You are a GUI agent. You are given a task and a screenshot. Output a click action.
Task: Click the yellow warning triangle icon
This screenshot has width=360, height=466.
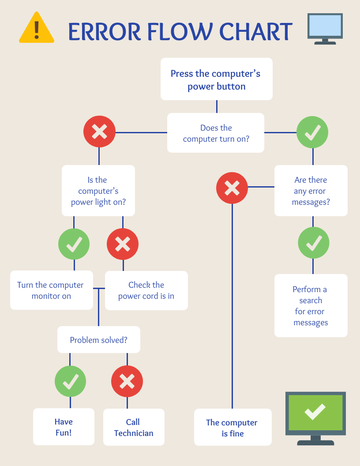pos(37,29)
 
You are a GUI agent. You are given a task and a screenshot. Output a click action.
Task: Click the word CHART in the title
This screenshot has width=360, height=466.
pos(256,31)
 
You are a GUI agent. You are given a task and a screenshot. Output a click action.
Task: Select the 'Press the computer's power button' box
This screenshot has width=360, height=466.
pos(216,79)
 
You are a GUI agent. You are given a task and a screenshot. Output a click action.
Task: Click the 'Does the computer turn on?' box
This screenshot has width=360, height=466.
pos(216,133)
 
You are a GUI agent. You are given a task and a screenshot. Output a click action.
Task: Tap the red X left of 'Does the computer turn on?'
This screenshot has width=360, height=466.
pos(99,132)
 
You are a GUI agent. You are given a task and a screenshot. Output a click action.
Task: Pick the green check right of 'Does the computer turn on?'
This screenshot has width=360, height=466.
pos(312,132)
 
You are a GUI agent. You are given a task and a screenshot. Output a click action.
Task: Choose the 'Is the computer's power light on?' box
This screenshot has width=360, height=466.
pos(98,191)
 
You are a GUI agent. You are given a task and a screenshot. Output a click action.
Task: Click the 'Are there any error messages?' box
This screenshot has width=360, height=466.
pos(311,191)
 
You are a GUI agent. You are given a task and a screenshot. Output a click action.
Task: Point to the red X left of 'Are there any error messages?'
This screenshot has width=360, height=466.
pos(232,188)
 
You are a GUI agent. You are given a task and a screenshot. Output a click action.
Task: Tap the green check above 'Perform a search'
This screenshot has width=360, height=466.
pos(313,243)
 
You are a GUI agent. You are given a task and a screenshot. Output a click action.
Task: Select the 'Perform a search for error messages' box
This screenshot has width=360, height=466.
pos(311,306)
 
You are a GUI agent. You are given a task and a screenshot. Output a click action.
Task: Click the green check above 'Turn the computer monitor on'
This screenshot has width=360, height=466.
pos(74,244)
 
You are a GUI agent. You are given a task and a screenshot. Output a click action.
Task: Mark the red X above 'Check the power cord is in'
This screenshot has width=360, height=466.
pos(123,244)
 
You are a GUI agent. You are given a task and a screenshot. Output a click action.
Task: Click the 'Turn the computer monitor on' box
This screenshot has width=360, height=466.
pos(51,290)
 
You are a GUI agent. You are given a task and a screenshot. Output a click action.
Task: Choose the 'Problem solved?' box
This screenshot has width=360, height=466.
pos(98,340)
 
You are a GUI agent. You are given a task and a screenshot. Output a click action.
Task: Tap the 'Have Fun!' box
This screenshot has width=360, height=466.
pos(64,427)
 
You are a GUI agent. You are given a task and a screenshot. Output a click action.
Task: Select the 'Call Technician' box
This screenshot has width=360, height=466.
pos(133,427)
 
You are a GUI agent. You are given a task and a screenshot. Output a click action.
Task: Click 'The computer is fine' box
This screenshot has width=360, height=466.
pos(232,428)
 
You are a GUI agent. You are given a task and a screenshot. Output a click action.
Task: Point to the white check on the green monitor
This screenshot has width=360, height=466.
pos(315,411)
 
